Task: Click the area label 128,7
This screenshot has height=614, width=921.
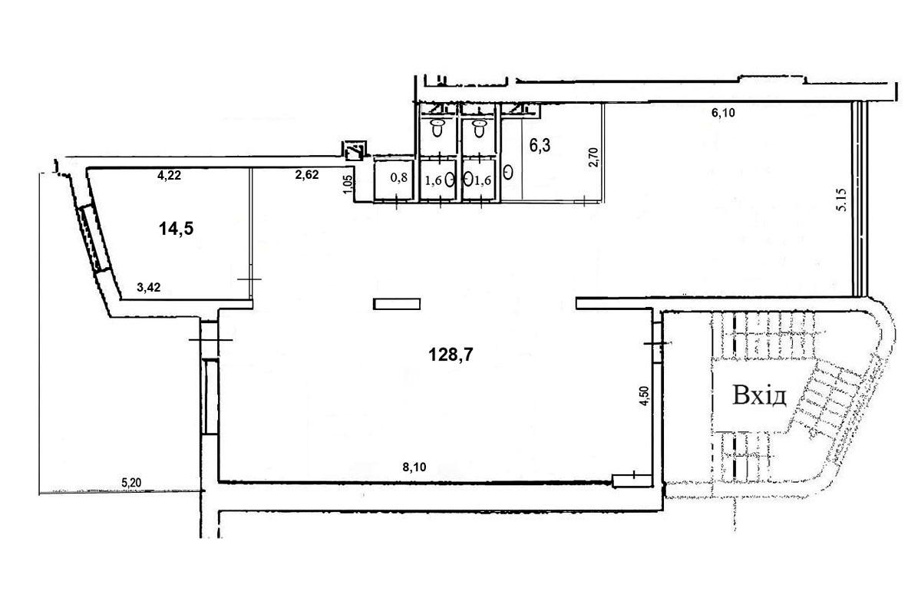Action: pos(451,354)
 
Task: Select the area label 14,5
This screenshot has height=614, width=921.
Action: pos(176,229)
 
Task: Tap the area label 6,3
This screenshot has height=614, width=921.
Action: pos(540,146)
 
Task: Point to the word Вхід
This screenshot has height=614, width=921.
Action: pos(759,395)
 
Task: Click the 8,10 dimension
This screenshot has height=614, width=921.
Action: pos(414,467)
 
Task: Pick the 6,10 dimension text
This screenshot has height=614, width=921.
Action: pos(723,113)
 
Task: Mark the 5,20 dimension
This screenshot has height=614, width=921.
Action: pos(131,483)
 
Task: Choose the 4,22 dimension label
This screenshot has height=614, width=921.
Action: pos(169,176)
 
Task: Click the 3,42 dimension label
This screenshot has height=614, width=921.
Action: pos(148,288)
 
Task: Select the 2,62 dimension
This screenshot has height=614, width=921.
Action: pos(307,175)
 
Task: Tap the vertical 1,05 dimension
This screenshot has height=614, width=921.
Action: pos(348,185)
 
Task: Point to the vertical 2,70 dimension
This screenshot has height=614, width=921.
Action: pos(594,157)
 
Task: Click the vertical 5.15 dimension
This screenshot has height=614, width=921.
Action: pos(841,200)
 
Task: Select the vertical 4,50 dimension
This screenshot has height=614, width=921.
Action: pos(644,396)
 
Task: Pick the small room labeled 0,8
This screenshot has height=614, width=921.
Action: pos(393,180)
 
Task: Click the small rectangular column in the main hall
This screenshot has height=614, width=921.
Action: pos(397,304)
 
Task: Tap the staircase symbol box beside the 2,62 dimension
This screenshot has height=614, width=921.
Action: pos(355,150)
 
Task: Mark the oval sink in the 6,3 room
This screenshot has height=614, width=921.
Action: pos(508,172)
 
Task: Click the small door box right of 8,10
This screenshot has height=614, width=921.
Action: pos(632,480)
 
